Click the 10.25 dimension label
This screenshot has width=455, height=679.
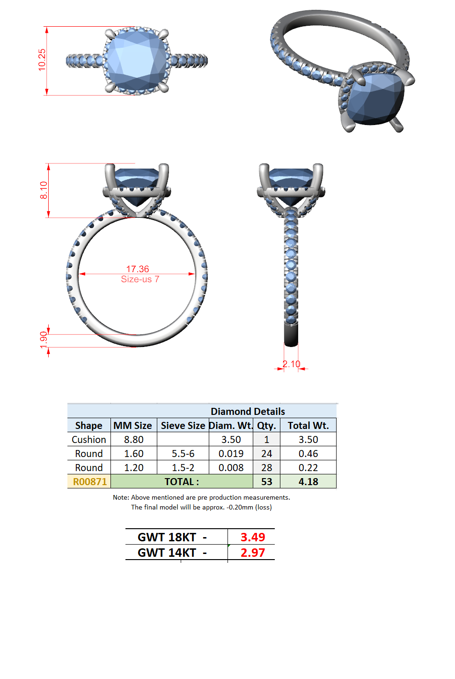tap(42, 60)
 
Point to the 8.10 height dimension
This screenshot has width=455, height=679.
tap(44, 190)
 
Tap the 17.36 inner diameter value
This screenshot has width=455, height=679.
tap(138, 269)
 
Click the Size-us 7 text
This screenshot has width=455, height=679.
tap(140, 279)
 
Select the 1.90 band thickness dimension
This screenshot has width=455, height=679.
tap(44, 340)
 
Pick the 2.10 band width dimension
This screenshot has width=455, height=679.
tap(292, 364)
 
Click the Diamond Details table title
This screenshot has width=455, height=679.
tap(248, 411)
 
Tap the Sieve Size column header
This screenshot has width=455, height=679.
tap(183, 426)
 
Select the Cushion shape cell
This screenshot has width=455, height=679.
tap(89, 440)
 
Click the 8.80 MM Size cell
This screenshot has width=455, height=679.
tap(133, 440)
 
